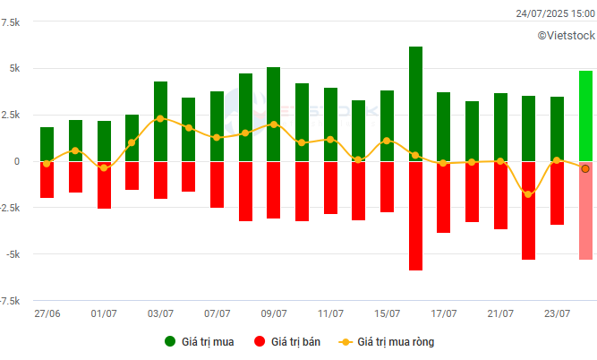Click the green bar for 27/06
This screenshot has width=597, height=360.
click(47, 144)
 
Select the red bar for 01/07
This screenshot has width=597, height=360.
click(104, 184)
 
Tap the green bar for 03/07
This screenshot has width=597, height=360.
click(160, 122)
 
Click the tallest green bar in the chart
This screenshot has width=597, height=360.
click(415, 104)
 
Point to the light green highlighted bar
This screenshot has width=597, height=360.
click(585, 116)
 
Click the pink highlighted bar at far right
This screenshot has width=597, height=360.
click(585, 210)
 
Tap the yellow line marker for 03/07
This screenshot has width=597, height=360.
click(160, 118)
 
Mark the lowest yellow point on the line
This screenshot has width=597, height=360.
click(529, 194)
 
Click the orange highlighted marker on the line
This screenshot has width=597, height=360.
click(585, 168)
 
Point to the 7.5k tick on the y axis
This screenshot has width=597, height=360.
click(12, 21)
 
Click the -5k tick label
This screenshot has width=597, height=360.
click(13, 254)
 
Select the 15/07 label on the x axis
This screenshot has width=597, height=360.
click(388, 313)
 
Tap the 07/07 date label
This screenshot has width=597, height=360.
click(217, 313)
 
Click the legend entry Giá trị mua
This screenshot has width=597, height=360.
click(199, 341)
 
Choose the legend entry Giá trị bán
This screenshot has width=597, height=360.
click(287, 341)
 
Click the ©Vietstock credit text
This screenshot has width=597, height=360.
click(566, 35)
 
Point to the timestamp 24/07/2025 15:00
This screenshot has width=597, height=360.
click(555, 13)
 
